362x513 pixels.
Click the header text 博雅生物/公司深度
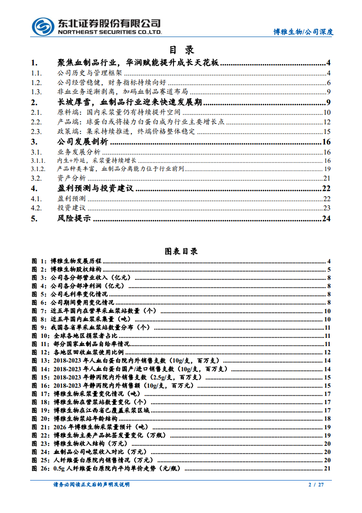click(303, 32)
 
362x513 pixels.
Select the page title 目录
click(181, 50)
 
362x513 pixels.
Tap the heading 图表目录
click(181, 251)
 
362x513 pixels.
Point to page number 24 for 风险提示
click(326, 219)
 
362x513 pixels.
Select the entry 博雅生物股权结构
click(76, 269)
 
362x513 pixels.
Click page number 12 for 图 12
click(327, 352)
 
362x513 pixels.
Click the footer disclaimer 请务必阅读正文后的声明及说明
click(91, 484)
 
